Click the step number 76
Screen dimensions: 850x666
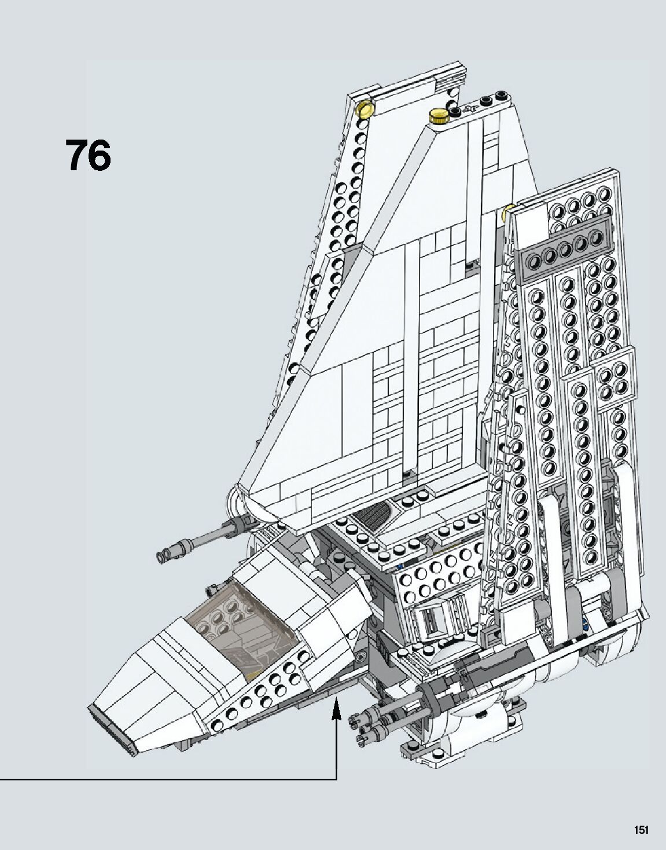[x=88, y=155]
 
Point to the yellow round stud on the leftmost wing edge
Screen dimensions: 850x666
[x=365, y=108]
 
